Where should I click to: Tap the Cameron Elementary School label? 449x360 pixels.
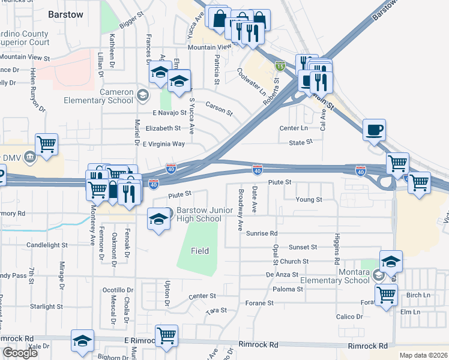[108, 95]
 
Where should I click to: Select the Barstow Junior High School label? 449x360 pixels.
[199, 215]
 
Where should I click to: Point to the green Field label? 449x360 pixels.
[200, 250]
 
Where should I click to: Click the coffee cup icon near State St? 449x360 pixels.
[374, 130]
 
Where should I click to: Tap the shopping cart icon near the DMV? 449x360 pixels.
[47, 145]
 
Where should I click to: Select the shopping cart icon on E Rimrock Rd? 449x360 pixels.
[166, 335]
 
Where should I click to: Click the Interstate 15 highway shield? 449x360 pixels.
[280, 64]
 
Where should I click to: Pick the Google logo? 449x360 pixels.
[20, 353]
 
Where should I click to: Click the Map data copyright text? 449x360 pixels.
[423, 355]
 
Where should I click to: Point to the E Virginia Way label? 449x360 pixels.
[164, 144]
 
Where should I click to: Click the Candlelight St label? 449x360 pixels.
[47, 245]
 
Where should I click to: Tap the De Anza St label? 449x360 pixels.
[282, 274]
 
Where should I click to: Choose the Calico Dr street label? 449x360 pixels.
[349, 316]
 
